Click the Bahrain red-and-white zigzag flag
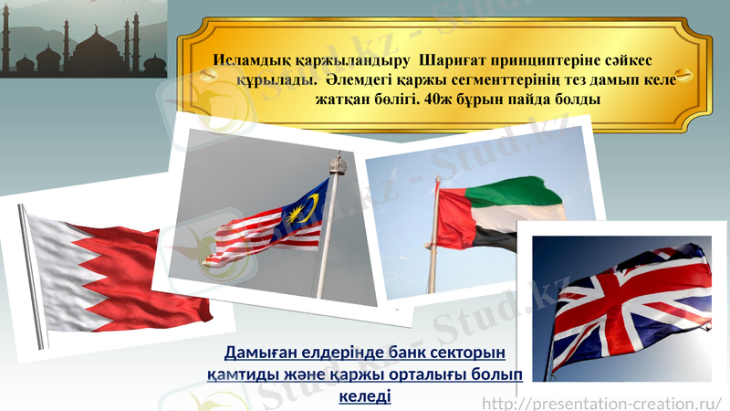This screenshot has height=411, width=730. pos(119,274)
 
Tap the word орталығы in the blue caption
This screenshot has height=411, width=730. pos(422,374)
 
